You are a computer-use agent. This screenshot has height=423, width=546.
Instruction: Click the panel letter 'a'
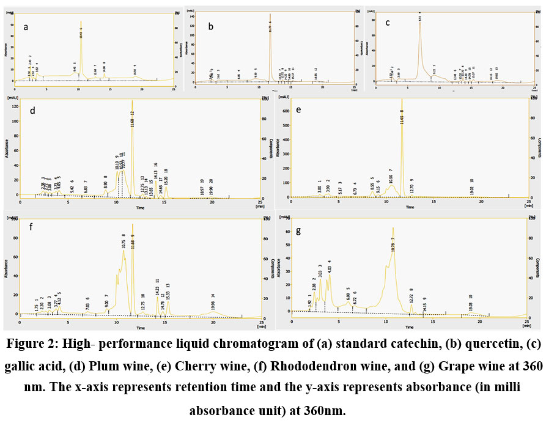tap(26, 27)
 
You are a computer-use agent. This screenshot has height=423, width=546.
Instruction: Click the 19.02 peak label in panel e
tap(471, 187)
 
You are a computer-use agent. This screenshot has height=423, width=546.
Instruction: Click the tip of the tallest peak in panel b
tap(270, 13)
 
